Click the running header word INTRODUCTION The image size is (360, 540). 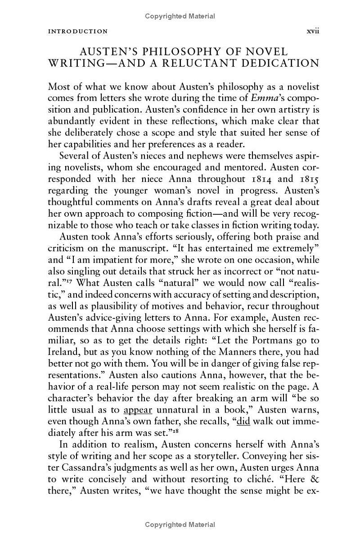(78, 32)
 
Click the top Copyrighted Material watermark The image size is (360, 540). (180, 16)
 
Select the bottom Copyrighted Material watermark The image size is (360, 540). (180, 524)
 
